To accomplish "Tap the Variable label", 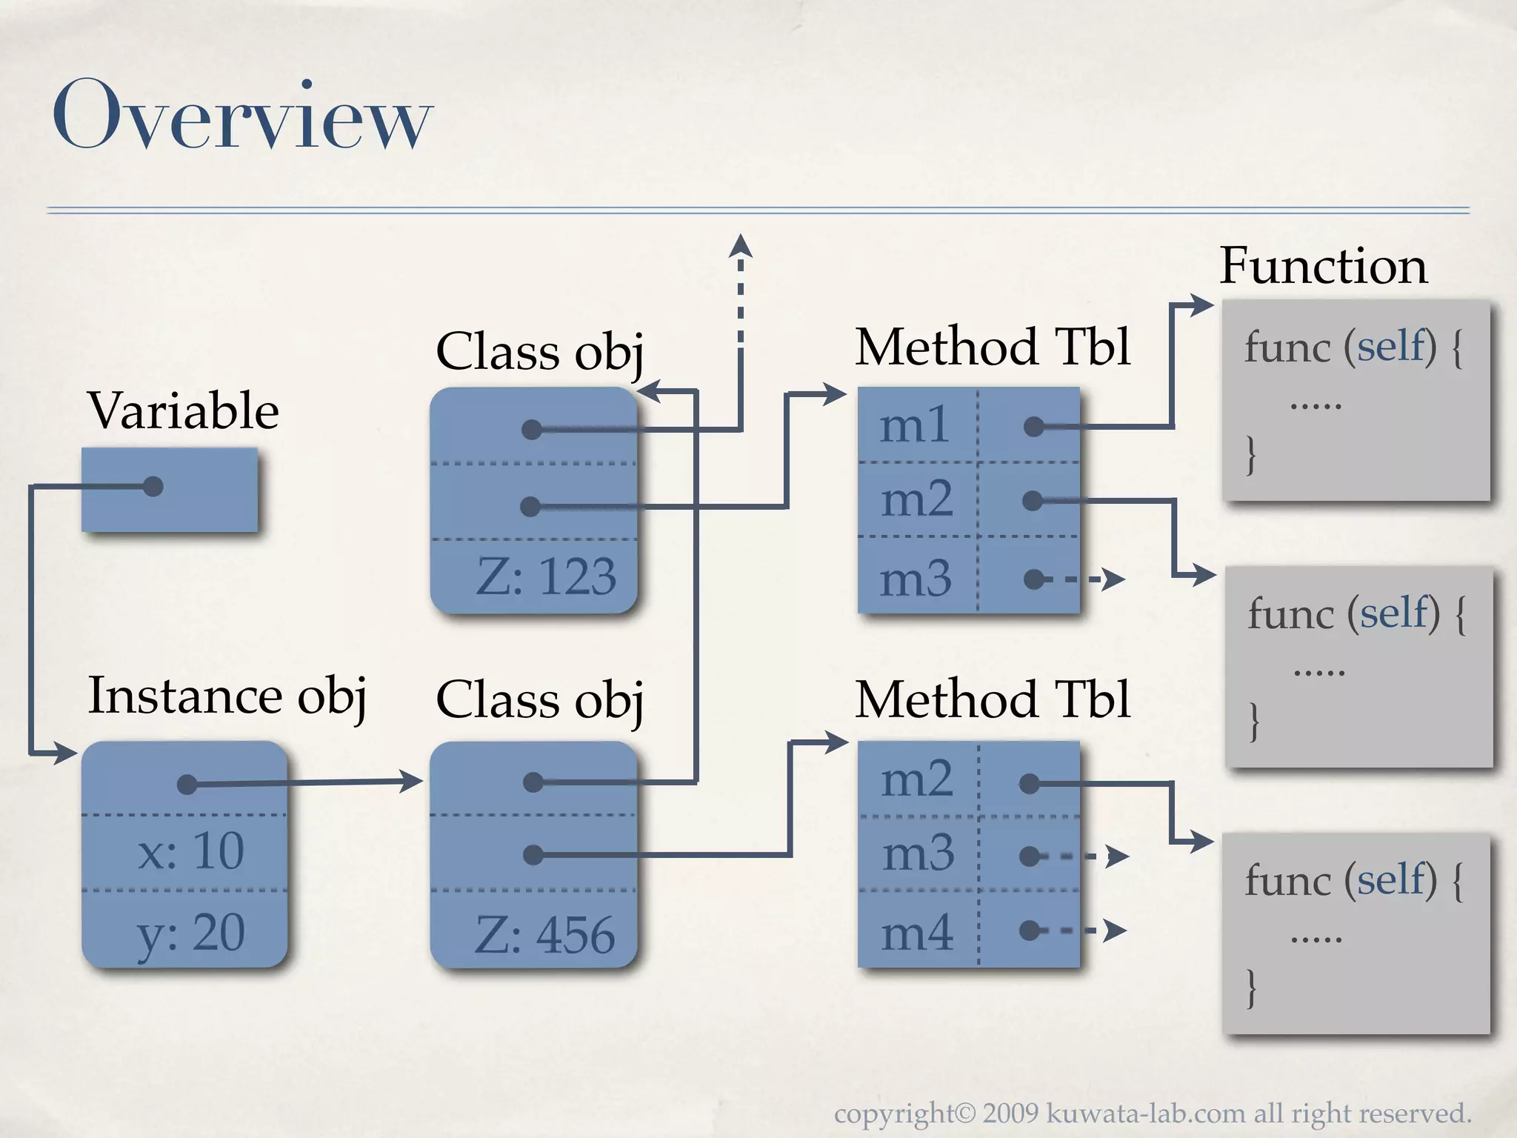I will pyautogui.click(x=183, y=410).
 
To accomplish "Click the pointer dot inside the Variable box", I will pyautogui.click(x=153, y=487).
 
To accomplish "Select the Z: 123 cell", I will pyautogui.click(x=546, y=576).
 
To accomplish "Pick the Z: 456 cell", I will pyautogui.click(x=544, y=934).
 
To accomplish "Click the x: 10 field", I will pyautogui.click(x=190, y=851).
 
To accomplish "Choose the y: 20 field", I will pyautogui.click(x=190, y=933).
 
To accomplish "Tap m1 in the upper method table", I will pyautogui.click(x=915, y=426).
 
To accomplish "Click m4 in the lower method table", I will pyautogui.click(x=917, y=933).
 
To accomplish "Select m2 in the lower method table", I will pyautogui.click(x=917, y=779).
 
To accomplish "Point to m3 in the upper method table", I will pyautogui.click(x=916, y=579).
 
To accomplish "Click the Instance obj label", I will pyautogui.click(x=227, y=696).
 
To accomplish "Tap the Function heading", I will pyautogui.click(x=1323, y=266).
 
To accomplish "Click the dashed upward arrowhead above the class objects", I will pyautogui.click(x=740, y=247).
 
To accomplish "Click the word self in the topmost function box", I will pyautogui.click(x=1390, y=346).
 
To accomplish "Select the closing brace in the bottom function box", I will pyautogui.click(x=1251, y=988).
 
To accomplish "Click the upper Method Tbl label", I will pyautogui.click(x=993, y=347).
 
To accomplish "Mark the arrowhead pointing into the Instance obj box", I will pyautogui.click(x=65, y=754).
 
